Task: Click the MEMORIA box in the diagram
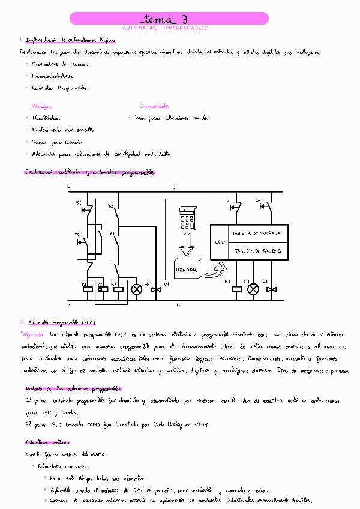click(x=187, y=270)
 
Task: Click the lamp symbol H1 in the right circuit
click(x=253, y=289)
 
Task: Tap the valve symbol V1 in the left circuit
click(x=157, y=289)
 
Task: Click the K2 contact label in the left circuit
click(x=111, y=206)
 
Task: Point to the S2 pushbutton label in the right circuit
click(x=259, y=200)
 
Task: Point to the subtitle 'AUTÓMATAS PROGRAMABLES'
click(x=164, y=28)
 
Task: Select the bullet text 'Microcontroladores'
click(x=53, y=76)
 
